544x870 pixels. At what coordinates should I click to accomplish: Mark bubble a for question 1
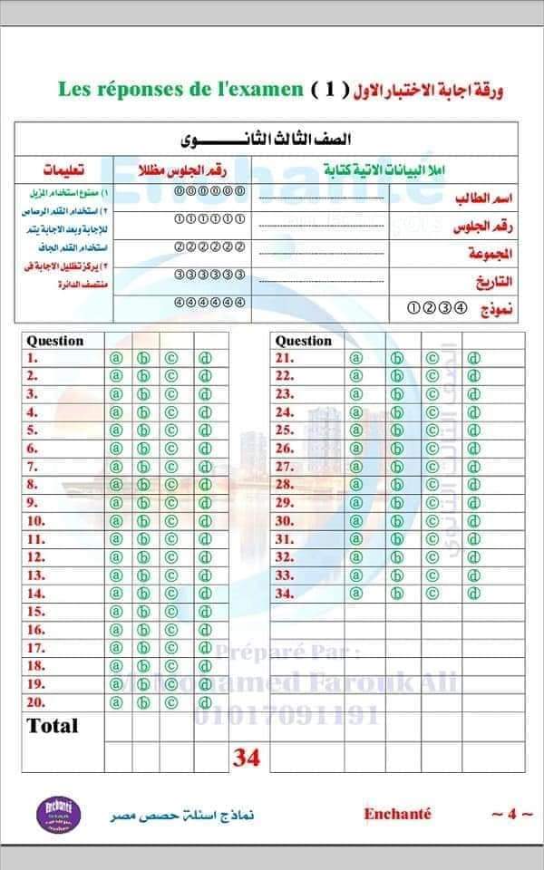pyautogui.click(x=116, y=358)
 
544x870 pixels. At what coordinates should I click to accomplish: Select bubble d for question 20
pyautogui.click(x=205, y=702)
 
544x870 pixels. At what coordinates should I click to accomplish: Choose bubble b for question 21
pyautogui.click(x=396, y=358)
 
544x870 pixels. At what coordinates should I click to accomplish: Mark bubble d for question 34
pyautogui.click(x=473, y=594)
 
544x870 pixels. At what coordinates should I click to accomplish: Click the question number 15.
pyautogui.click(x=36, y=612)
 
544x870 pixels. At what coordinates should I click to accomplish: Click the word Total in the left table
pyautogui.click(x=53, y=726)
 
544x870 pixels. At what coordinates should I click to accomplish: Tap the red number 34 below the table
pyautogui.click(x=247, y=758)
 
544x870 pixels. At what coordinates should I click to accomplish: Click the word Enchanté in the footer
pyautogui.click(x=397, y=813)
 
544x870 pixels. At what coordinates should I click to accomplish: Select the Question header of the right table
pyautogui.click(x=304, y=341)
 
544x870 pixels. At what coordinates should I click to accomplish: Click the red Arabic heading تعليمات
pyautogui.click(x=64, y=170)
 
